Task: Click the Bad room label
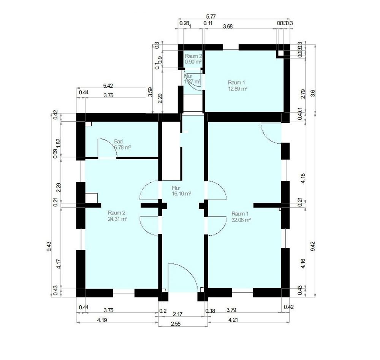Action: click(118, 141)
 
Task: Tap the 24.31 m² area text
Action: click(117, 219)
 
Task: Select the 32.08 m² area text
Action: click(241, 220)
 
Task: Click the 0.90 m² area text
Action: click(193, 61)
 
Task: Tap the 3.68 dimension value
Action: click(228, 26)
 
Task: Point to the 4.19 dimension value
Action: click(101, 320)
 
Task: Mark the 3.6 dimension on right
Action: click(312, 93)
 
